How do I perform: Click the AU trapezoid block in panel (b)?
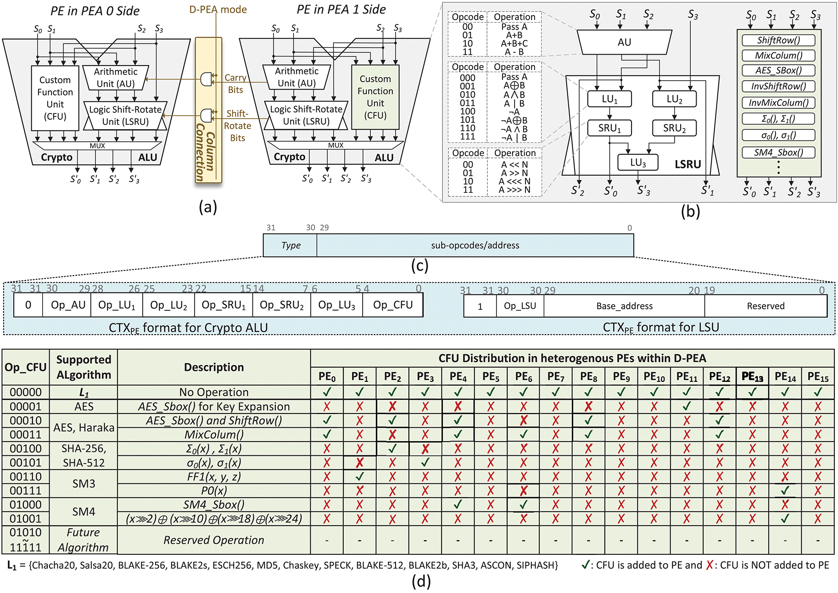(x=624, y=42)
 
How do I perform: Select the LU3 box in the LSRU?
(x=637, y=162)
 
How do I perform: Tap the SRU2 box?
(x=674, y=128)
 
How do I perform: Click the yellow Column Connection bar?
(x=208, y=110)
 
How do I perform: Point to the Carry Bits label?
(x=235, y=84)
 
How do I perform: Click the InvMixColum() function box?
(x=778, y=102)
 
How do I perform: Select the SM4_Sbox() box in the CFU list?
(x=778, y=152)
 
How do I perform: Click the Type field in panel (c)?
(x=291, y=246)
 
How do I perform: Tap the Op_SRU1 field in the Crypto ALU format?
(x=223, y=305)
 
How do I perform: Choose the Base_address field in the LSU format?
(x=624, y=306)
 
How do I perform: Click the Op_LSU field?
(x=520, y=306)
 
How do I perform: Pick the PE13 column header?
(x=752, y=377)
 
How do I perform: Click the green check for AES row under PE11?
(x=687, y=406)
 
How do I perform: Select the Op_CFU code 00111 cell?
(x=26, y=491)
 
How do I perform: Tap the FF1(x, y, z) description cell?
(x=214, y=476)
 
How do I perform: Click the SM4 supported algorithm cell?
(x=84, y=511)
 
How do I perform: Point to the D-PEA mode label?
(x=218, y=9)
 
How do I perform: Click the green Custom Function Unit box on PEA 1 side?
(x=375, y=97)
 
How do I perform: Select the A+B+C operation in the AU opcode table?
(x=514, y=44)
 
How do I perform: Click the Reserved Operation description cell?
(x=214, y=540)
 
